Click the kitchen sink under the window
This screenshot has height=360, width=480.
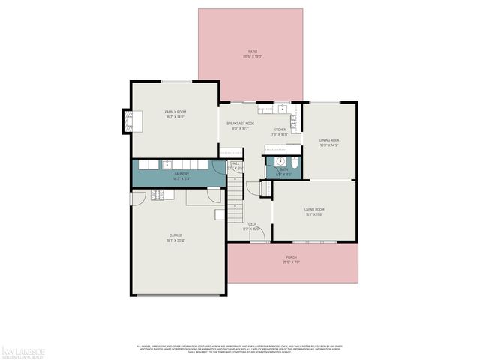coord(283,109)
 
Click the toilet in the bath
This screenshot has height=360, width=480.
coord(294,163)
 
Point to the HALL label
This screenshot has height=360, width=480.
coord(235,166)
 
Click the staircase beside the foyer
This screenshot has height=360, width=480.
coord(235,197)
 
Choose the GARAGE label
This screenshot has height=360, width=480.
coord(175,238)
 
